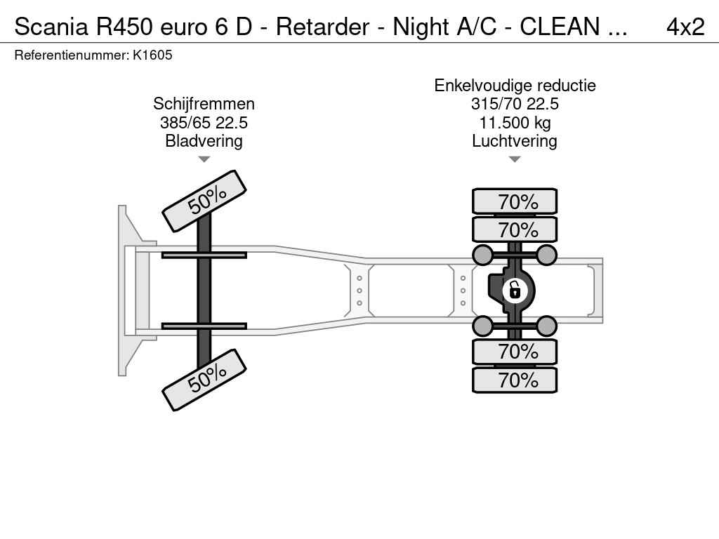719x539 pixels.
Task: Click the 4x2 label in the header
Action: [x=685, y=27]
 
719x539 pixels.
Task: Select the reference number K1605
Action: [x=152, y=55]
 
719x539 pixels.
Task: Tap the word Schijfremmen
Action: [x=204, y=104]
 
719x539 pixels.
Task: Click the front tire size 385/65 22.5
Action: [x=204, y=122]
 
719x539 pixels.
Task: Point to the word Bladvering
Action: [x=204, y=140]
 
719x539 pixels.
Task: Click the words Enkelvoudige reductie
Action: [x=515, y=86]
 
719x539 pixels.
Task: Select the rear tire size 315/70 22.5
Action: [x=515, y=104]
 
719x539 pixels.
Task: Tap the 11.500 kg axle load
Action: [x=515, y=122]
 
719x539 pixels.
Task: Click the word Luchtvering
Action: [x=515, y=140]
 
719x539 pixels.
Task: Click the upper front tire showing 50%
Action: [x=204, y=201]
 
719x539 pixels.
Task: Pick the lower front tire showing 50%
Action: [x=204, y=380]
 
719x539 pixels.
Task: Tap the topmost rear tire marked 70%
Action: [x=515, y=201]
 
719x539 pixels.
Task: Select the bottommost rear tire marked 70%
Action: [x=515, y=380]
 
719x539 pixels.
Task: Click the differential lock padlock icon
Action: [x=515, y=291]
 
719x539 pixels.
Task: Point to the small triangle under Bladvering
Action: [x=204, y=159]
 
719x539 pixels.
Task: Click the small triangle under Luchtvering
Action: [x=515, y=159]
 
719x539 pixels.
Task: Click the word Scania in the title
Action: [x=51, y=27]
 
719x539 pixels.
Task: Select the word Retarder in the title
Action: [x=322, y=27]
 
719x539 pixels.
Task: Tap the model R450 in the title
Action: [x=124, y=27]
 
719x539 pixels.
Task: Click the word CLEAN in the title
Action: [x=560, y=27]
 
